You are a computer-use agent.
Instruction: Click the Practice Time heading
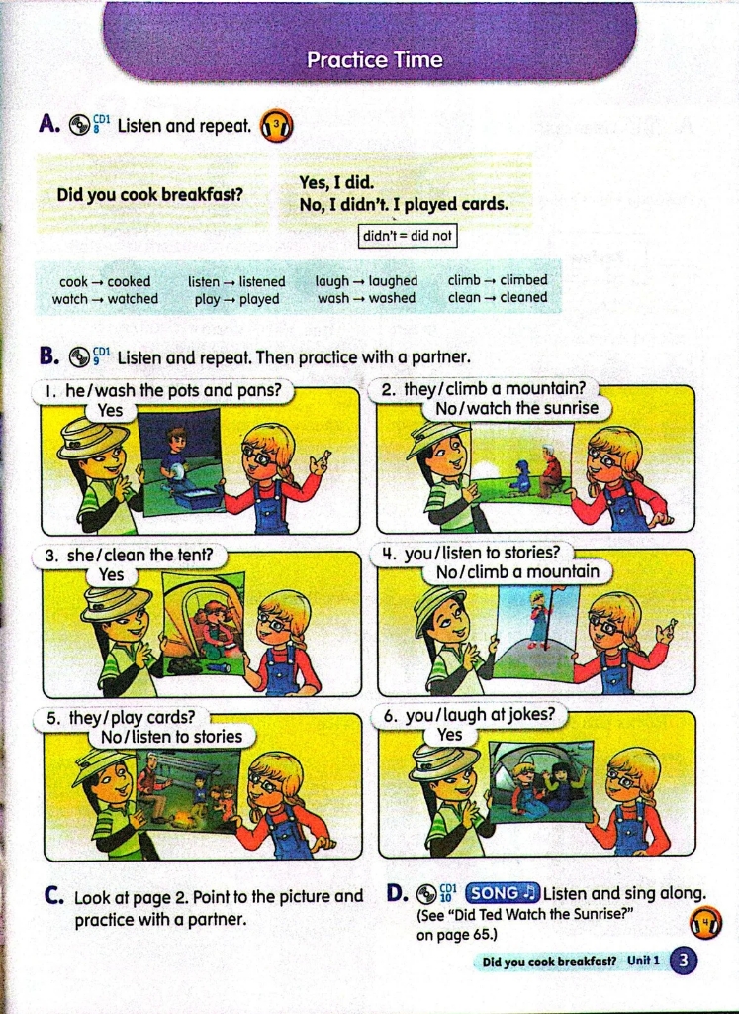coord(375,60)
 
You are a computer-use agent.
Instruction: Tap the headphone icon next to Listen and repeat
coord(276,126)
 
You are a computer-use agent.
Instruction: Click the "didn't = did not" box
coord(407,236)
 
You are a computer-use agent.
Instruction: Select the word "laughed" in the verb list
coord(393,281)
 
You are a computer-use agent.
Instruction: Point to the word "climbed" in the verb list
coord(523,280)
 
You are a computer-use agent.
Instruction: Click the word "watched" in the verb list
coord(133,299)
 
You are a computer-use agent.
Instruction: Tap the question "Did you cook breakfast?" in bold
coord(149,194)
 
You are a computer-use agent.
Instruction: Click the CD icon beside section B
coord(79,356)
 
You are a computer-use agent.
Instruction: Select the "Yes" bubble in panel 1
coord(111,411)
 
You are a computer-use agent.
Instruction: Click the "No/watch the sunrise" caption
coord(516,409)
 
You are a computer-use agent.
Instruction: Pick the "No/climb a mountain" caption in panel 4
coord(517,572)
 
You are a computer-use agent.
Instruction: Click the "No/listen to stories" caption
coord(171,737)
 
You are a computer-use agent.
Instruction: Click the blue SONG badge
coord(502,893)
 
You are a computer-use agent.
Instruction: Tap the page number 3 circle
coord(684,961)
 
